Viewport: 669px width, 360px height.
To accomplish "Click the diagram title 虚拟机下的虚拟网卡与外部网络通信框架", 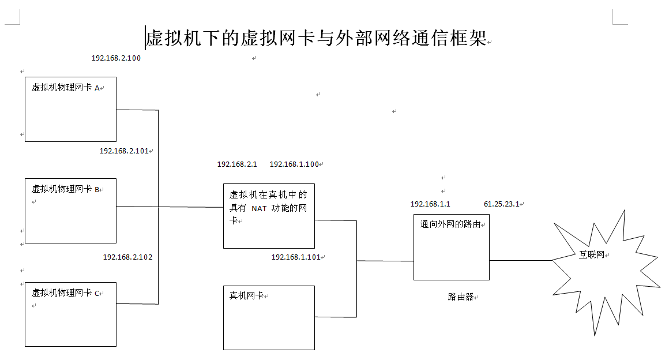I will pos(316,38).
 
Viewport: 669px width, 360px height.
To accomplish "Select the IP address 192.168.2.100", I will pos(116,58).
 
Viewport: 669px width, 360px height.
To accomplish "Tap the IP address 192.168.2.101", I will pos(124,151).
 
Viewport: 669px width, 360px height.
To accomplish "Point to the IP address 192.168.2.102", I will pos(127,257).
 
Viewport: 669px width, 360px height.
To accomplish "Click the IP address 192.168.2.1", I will pos(237,164).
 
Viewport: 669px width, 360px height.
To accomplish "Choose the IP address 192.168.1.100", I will pos(294,164).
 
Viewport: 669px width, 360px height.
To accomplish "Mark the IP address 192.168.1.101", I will pos(296,257).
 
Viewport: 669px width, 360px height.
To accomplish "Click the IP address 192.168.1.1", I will pos(430,204).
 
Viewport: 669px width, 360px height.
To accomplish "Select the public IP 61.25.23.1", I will pos(501,204).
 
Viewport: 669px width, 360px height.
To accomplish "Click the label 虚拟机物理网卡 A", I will pos(66,88).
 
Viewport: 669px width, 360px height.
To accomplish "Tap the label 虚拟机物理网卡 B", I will pos(66,189).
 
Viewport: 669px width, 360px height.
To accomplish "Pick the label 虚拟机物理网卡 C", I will pos(66,293).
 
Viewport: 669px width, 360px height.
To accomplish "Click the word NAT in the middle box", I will pos(259,208).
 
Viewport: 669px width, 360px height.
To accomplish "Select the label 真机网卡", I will pos(246,295).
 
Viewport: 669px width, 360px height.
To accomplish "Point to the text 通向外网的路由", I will pos(450,224).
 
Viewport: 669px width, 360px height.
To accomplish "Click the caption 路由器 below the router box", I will pos(460,297).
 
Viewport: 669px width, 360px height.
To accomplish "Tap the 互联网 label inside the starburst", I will pos(591,254).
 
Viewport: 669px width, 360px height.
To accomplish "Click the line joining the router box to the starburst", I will pos(520,260).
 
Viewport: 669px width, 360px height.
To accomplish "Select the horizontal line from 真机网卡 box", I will pos(335,317).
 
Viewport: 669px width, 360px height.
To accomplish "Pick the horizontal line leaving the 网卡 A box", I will pos(137,110).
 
